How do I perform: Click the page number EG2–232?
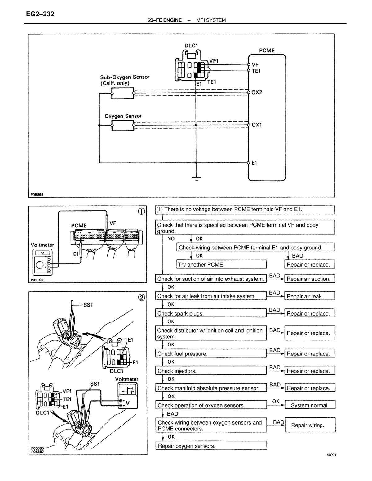pos(40,14)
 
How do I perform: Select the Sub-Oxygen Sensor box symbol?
pos(122,93)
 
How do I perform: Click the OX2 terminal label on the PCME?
pos(257,92)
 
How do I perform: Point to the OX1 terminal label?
pos(257,125)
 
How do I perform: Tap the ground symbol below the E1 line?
pos(196,179)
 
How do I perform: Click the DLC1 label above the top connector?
pos(191,46)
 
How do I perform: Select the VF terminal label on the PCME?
pos(255,65)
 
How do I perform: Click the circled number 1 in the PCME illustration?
pos(141,211)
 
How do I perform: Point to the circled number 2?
pos(142,297)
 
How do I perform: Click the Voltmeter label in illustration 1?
pos(42,245)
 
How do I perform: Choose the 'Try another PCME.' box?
pos(221,264)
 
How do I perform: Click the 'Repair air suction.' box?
pos(310,278)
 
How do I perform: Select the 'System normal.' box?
pos(310,405)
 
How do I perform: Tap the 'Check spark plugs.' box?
pos(211,313)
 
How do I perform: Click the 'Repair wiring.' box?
pos(310,425)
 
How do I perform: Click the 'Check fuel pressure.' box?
pos(211,353)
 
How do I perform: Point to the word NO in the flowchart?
pos(171,239)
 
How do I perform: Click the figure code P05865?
pos(37,195)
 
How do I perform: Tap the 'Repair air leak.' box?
pos(310,296)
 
